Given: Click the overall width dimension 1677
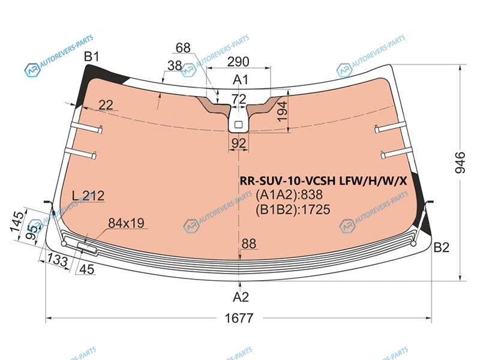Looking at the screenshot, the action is pyautogui.click(x=239, y=318).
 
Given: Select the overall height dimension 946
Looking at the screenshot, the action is pyautogui.click(x=460, y=162).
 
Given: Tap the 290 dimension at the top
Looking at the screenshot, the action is pyautogui.click(x=238, y=62).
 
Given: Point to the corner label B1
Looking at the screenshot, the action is pyautogui.click(x=92, y=56).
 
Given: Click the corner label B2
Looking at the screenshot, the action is pyautogui.click(x=441, y=247).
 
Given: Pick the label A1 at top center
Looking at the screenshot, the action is pyautogui.click(x=241, y=80).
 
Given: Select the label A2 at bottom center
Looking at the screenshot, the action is pyautogui.click(x=241, y=297).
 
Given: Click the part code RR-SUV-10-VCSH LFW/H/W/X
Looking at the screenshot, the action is pyautogui.click(x=323, y=181).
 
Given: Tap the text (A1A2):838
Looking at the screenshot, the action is pyautogui.click(x=289, y=194).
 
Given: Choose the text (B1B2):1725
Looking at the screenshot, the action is pyautogui.click(x=293, y=209).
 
